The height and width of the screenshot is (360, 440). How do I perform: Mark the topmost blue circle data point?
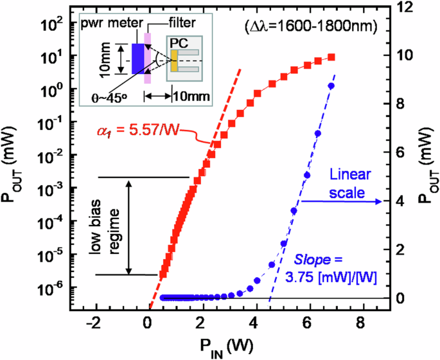tap(331, 85)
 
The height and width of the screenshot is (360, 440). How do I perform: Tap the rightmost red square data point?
tap(331, 57)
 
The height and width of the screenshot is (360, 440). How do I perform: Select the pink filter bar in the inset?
tap(148, 59)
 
